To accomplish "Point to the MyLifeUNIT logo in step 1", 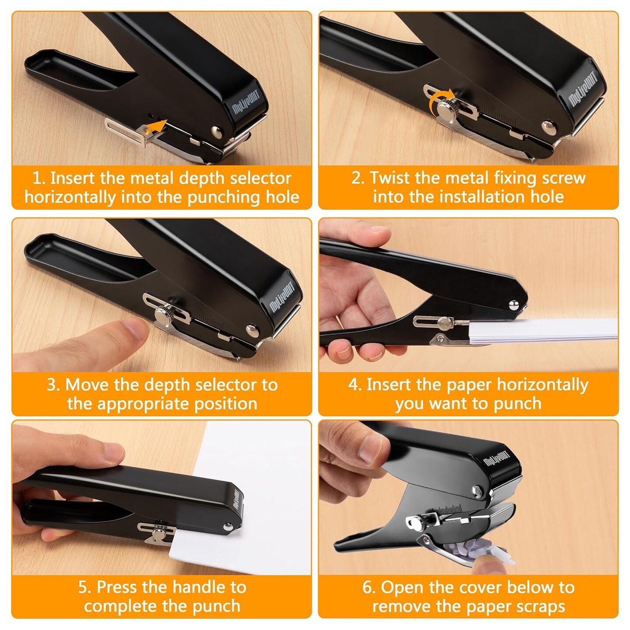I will point(246,102).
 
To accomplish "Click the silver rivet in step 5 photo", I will point(227,527).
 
